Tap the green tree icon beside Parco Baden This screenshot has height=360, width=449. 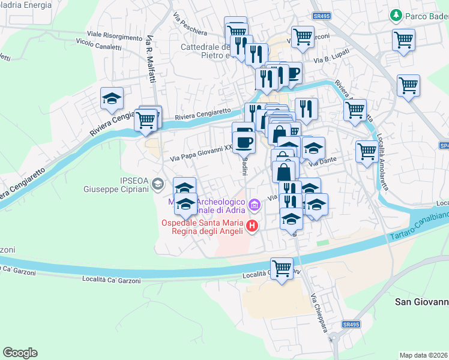pos(396,14)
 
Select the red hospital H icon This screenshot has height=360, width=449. pos(252,226)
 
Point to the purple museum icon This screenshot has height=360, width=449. pos(255,206)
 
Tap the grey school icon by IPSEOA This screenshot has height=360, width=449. pos(158,184)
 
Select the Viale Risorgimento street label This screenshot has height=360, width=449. pos(115,35)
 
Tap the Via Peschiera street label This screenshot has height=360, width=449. pos(190,24)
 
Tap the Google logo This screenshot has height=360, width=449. pos(20,353)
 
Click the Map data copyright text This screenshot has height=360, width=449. pos(424,355)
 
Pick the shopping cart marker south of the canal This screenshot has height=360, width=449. pos(282,267)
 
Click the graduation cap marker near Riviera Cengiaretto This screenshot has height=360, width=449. pos(112,98)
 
